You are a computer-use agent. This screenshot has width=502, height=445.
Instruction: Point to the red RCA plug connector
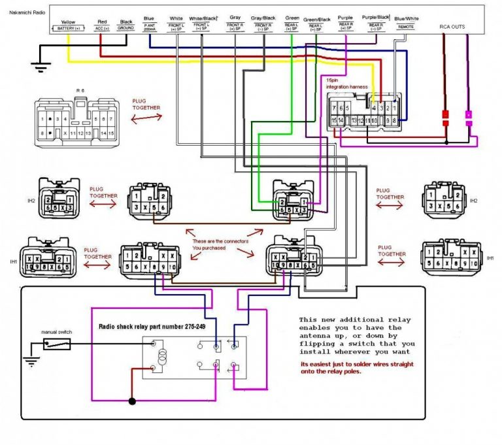(445, 118)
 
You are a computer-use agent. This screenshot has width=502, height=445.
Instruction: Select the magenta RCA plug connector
(468, 118)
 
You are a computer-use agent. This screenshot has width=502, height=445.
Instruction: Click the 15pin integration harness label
(346, 83)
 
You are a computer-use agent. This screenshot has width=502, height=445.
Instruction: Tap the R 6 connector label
(80, 89)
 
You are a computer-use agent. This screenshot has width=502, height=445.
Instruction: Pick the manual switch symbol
(57, 343)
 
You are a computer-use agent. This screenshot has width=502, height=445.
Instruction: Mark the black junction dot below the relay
(133, 401)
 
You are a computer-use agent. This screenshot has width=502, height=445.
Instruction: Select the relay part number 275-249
(158, 326)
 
